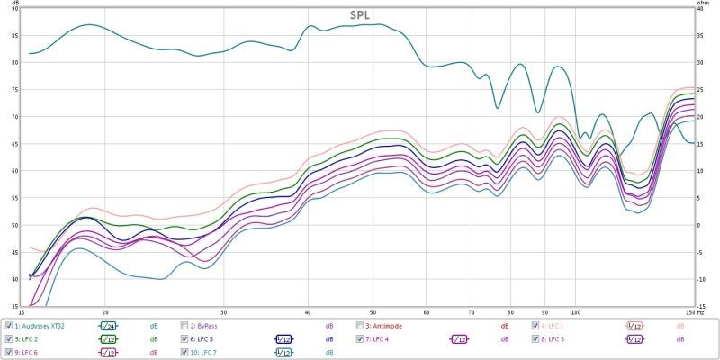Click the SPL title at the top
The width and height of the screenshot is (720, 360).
360,15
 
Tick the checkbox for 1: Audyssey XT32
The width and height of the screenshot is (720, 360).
9,325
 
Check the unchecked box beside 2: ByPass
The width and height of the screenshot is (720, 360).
184,325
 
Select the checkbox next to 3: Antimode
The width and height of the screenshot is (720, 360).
360,325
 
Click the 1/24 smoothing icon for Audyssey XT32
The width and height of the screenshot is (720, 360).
107,325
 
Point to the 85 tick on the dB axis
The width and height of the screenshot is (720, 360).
14,35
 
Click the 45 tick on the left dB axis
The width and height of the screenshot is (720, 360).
14,252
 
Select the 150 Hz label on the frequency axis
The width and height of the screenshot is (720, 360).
690,312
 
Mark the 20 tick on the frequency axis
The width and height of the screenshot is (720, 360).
105,312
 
